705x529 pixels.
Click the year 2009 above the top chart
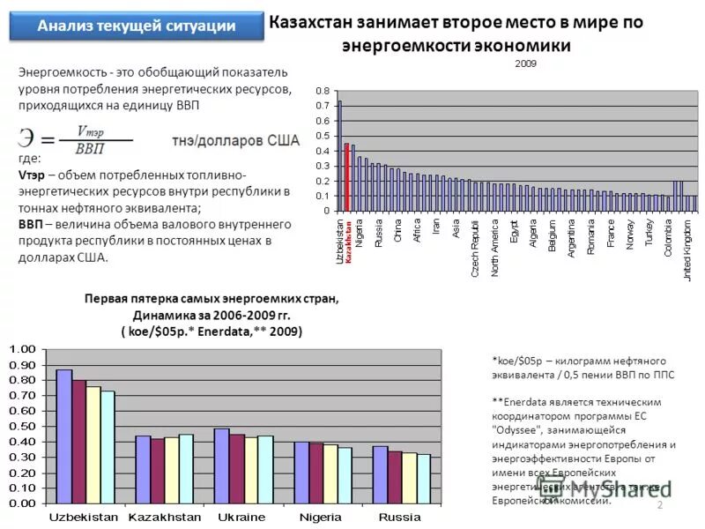525,63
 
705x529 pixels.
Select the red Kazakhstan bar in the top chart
347,177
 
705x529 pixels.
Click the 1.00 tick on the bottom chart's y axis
24,350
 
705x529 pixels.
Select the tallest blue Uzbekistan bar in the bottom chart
64,436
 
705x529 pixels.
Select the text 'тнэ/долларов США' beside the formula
234,139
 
